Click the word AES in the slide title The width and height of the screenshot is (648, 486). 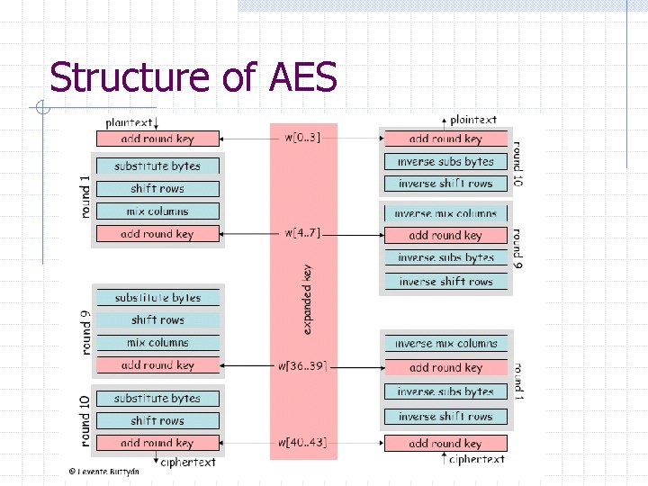tap(302, 77)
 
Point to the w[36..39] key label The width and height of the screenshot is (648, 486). tap(301, 365)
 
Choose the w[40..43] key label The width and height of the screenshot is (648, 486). tap(301, 443)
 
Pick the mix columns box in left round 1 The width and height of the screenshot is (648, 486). tap(157, 211)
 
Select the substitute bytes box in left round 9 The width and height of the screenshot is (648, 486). tap(157, 298)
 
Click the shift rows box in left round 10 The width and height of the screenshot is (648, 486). tap(157, 420)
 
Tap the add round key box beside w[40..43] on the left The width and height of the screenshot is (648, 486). tap(157, 443)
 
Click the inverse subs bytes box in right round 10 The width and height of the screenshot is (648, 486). tap(445, 162)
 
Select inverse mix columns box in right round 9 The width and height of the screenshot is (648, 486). tap(445, 213)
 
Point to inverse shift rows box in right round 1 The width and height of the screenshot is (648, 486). tap(445, 417)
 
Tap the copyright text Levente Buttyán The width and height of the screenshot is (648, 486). tap(103, 471)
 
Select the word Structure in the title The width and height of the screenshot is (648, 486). tap(127, 77)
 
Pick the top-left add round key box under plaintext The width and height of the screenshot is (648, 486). tap(157, 139)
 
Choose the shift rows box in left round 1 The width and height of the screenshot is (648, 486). tap(157, 189)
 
